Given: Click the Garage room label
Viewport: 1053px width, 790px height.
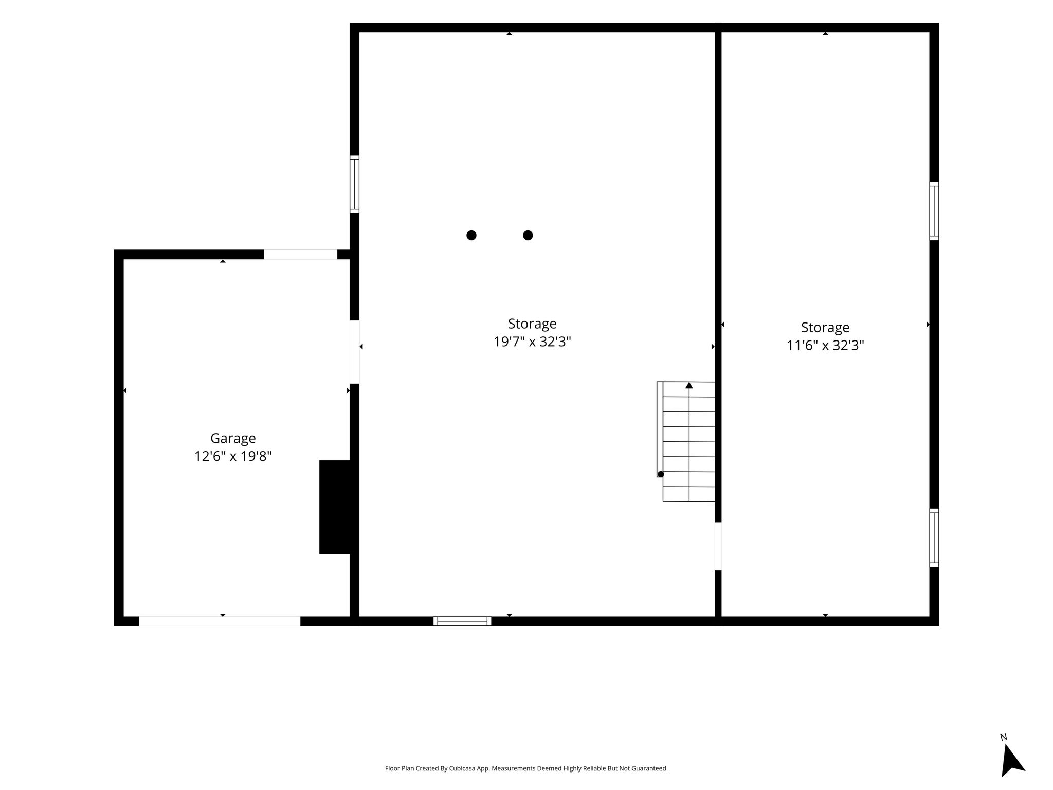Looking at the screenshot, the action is pos(233,439).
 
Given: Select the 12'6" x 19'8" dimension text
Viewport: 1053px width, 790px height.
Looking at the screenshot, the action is pos(233,456).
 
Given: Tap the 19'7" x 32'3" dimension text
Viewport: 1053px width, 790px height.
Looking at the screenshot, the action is pos(532,342).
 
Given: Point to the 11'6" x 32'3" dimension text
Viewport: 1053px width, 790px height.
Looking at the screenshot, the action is pos(825,345).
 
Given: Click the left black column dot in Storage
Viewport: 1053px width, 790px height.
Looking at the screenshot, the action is pos(471,235).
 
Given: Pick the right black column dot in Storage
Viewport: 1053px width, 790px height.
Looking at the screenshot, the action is pos(528,235).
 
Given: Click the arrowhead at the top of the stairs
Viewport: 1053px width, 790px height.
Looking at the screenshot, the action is pos(689,385).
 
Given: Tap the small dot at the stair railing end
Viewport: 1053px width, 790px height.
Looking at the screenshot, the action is pos(661,474).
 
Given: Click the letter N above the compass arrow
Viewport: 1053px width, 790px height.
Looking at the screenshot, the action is pos(1003,737).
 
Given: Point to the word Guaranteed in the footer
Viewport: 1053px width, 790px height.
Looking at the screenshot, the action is pos(652,768).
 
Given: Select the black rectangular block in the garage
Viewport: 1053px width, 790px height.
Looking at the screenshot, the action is pos(335,507).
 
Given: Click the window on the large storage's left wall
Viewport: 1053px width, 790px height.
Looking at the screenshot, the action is pos(355,184).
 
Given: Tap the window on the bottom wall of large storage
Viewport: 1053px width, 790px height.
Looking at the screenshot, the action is pos(462,621).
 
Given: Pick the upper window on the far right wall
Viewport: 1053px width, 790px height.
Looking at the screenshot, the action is pos(934,211).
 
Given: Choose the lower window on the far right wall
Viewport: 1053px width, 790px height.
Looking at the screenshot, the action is pos(934,538).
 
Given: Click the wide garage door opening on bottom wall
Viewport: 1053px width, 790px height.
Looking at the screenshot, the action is pos(220,621).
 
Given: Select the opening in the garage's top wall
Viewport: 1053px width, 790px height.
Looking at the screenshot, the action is pos(301,255).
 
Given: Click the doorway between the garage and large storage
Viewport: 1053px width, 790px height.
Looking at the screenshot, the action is pos(355,352).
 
